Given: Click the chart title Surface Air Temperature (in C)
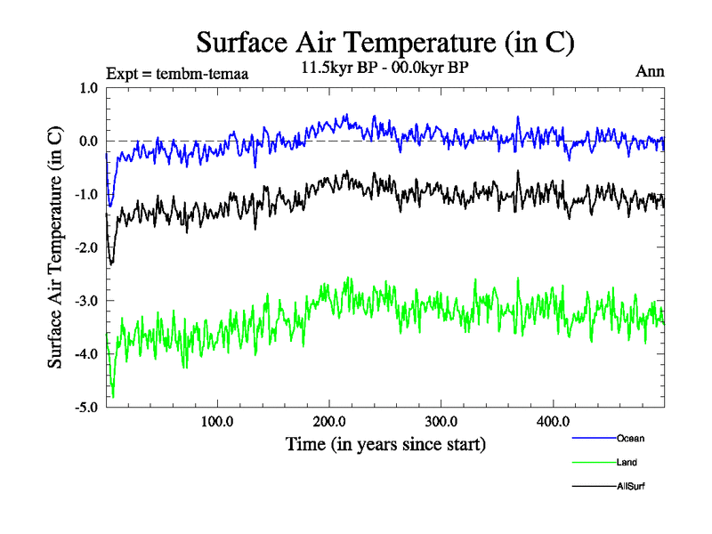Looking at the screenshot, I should click(385, 42).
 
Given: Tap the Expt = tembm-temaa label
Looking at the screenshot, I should click(176, 74).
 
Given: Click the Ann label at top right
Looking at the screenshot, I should click(650, 71).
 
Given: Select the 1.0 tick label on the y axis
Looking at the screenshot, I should click(89, 88).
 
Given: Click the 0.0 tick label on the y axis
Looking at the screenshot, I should click(89, 142).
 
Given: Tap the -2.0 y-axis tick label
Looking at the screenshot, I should click(86, 247).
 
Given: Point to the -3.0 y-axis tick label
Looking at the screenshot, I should click(86, 301).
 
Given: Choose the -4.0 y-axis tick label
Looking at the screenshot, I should click(86, 354).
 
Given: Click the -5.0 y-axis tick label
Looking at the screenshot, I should click(86, 408).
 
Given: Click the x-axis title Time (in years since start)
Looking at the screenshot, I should click(385, 443).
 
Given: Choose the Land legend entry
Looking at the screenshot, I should click(627, 462).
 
